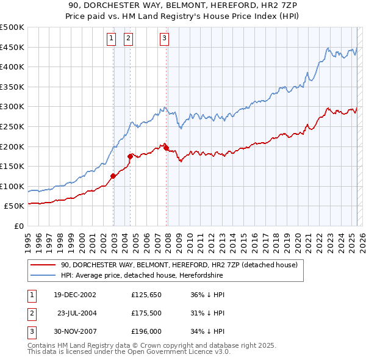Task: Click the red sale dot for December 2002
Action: click(x=113, y=176)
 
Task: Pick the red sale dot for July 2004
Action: click(x=130, y=156)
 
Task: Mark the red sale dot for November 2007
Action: click(x=166, y=148)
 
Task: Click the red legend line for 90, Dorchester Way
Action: click(x=43, y=265)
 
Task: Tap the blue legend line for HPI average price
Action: click(x=43, y=276)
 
